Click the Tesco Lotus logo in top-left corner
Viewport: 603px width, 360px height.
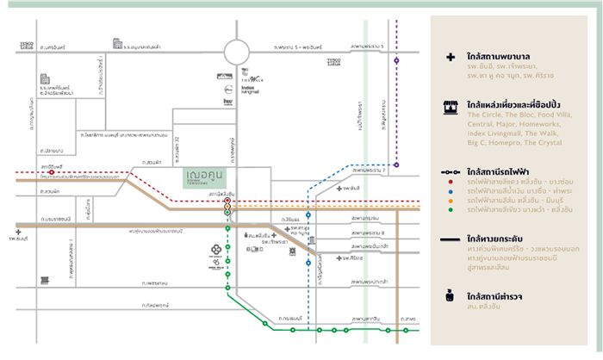[28, 45]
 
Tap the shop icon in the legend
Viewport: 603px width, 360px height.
[449, 107]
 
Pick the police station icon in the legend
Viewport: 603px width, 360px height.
[450, 296]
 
